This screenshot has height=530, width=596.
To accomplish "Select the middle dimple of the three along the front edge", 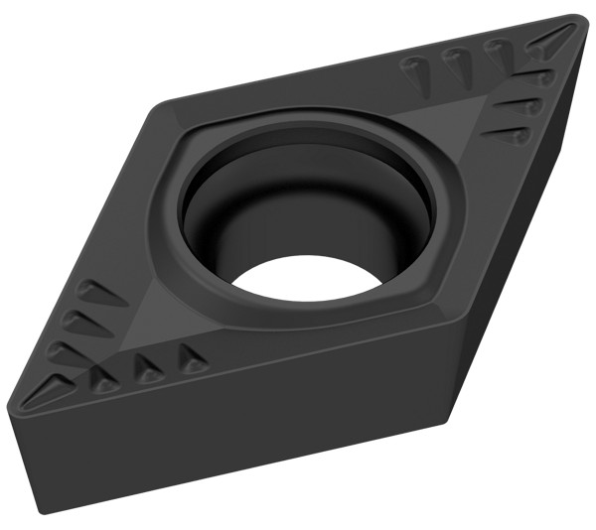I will pos(148,369).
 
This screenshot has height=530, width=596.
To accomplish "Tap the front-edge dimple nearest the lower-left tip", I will pos(102,378).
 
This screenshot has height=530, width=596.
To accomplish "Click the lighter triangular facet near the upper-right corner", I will pos(467,109).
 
